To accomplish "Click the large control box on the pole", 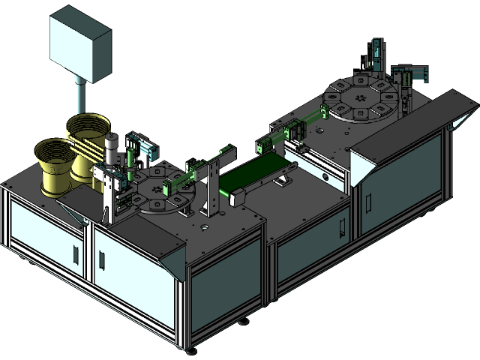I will pyautogui.click(x=80, y=46).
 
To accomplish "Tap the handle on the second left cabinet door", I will pyautogui.click(x=101, y=259).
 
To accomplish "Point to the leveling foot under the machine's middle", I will pyautogui.click(x=244, y=322).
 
